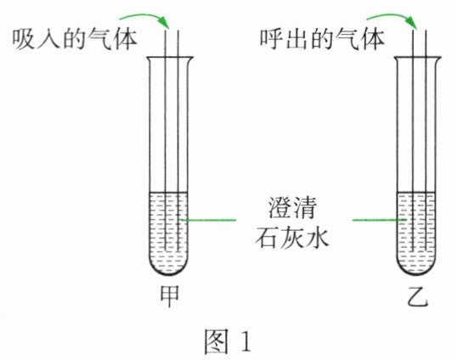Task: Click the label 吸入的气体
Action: [75, 39]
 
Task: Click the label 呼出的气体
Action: [322, 39]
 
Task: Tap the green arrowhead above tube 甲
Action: [165, 22]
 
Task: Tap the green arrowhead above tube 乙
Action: [412, 22]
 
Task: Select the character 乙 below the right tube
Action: [417, 296]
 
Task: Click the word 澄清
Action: [292, 208]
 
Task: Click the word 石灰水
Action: [292, 238]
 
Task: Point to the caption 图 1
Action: [228, 341]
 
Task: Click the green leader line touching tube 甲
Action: [209, 220]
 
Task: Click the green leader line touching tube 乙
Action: [380, 220]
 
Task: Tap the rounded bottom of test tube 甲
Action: [169, 273]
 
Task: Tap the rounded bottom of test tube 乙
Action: [416, 273]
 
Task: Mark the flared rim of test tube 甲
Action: [170, 58]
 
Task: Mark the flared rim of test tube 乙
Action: [417, 58]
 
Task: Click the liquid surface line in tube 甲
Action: [168, 193]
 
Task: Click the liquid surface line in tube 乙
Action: [416, 193]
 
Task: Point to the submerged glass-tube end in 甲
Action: [172, 250]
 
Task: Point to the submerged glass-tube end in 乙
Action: [420, 250]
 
